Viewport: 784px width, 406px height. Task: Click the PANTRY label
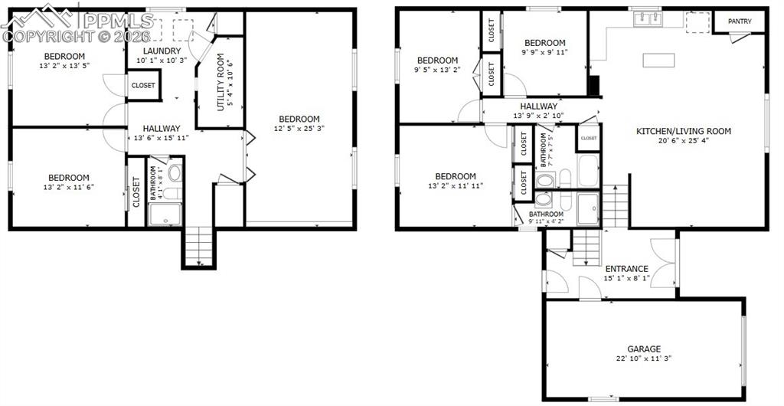[739, 21]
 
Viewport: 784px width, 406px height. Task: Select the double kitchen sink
[647, 18]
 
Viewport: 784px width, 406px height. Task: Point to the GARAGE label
[643, 349]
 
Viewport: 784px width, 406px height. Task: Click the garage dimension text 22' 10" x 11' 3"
[643, 359]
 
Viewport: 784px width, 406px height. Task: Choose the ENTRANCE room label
[626, 269]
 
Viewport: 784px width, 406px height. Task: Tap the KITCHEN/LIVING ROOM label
[684, 131]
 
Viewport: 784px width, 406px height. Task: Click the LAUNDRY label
[160, 51]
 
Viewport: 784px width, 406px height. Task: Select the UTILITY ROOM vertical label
[220, 83]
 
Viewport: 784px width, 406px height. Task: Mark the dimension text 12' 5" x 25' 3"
[299, 129]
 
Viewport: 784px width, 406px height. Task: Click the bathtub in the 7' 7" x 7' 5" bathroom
[588, 170]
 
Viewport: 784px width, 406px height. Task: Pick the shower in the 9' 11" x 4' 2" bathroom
[588, 208]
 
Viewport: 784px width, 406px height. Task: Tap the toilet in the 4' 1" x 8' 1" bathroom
[174, 172]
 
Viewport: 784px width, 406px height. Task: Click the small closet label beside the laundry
[143, 86]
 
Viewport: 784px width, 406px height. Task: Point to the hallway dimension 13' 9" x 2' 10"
[538, 116]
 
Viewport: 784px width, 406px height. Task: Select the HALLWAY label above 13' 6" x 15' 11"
[161, 129]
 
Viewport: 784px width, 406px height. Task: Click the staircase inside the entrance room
[587, 247]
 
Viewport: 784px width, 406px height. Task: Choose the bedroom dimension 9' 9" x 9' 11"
[545, 53]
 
